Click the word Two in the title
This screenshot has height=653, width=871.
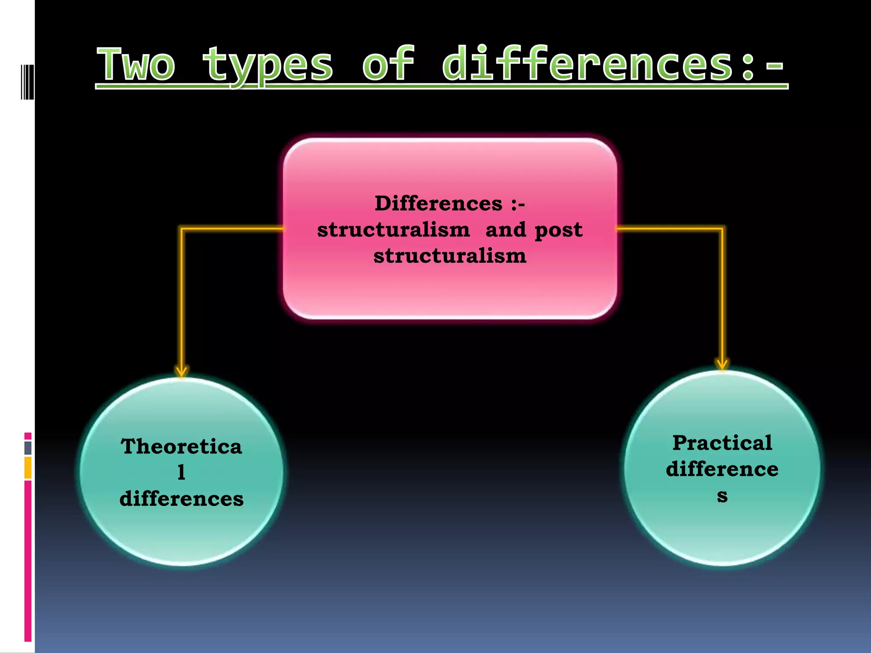click(136, 65)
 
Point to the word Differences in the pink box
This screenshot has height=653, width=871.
click(438, 204)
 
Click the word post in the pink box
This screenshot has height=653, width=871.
click(558, 230)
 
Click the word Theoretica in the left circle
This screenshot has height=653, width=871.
click(182, 447)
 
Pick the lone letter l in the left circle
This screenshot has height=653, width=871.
click(182, 472)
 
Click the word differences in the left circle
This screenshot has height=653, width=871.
click(182, 499)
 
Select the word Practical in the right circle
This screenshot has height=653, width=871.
click(722, 443)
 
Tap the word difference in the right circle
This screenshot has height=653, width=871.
click(722, 469)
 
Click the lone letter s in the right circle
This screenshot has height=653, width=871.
click(722, 496)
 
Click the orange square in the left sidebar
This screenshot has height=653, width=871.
click(28, 468)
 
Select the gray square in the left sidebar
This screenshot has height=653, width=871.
click(28, 448)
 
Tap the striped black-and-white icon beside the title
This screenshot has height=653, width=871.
click(27, 81)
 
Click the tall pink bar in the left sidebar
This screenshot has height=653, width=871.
click(28, 561)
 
